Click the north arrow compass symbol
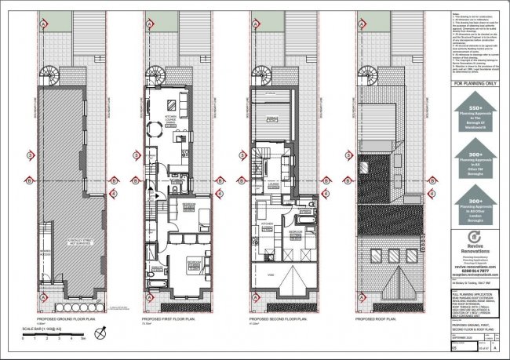pyautogui.click(x=99, y=334)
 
